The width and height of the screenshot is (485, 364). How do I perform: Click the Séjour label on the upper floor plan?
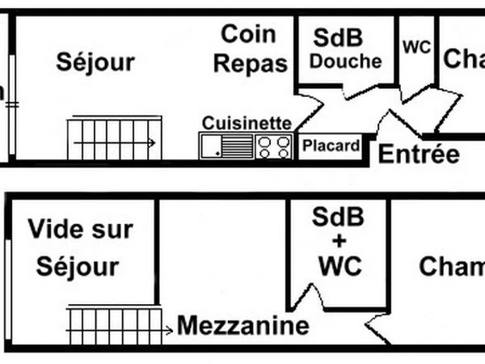95,62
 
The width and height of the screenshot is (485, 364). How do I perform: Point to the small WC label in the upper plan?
417,47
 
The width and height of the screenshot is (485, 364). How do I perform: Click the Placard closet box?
331,146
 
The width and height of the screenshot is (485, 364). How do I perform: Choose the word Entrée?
420,154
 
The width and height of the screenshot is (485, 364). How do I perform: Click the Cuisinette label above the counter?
247,123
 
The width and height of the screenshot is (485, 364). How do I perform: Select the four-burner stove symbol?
274,146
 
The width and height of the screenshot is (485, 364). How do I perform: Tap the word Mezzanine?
243,327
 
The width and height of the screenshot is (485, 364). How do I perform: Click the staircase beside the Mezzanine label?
113,325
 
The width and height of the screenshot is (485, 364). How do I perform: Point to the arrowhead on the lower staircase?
168,329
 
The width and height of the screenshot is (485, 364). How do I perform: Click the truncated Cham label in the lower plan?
451,267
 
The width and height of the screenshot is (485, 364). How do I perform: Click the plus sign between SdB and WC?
339,241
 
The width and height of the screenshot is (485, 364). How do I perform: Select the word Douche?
346,61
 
